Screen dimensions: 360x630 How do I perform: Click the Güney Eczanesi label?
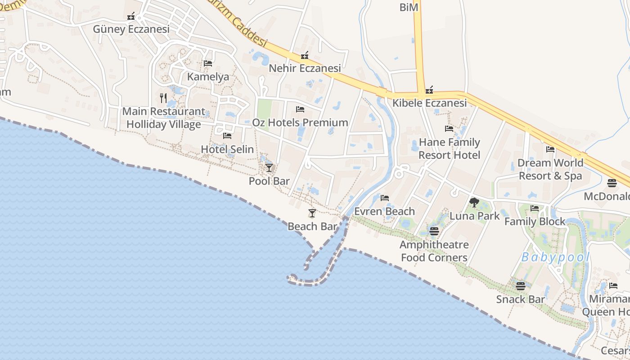pos(131,29)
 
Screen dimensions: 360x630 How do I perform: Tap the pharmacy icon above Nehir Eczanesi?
pos(305,56)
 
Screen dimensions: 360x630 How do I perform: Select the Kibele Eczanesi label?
pos(429,103)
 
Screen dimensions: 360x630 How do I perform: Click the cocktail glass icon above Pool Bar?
pos(269,168)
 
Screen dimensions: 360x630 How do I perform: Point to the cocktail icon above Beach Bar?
pos(312,213)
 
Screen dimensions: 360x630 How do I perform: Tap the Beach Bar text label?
pos(312,226)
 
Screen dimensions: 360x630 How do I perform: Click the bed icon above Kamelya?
pos(208,63)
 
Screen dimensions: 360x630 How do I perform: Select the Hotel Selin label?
pos(227,149)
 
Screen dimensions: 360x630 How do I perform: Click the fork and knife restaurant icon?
pos(163,98)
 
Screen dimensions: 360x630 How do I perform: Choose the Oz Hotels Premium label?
pos(300,122)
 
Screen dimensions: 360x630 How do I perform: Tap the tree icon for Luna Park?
pos(474,202)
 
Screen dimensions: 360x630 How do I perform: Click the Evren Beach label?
pos(384,211)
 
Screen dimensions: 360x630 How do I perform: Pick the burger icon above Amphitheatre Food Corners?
pos(434,231)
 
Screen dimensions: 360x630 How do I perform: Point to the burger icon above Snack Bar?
pos(521,286)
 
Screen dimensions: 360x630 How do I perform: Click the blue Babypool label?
pos(555,257)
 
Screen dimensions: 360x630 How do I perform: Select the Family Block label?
pos(535,221)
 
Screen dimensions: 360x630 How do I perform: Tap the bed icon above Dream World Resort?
pos(550,149)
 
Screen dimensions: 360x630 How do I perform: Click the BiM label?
pos(409,7)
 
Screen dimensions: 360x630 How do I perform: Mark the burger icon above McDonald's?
pos(612,183)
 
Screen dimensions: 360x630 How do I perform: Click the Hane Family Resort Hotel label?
pos(449,148)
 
